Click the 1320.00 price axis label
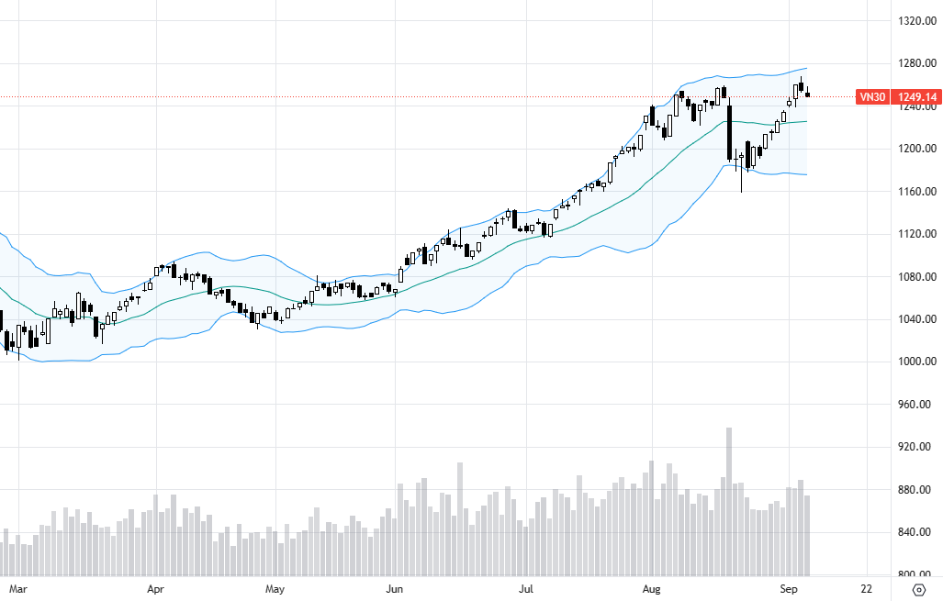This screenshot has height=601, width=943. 916,20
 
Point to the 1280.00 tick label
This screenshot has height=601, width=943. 916,63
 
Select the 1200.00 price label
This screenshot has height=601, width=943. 916,149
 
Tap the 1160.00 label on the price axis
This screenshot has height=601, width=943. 916,192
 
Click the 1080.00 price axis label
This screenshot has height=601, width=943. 916,277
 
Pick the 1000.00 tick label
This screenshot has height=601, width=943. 916,362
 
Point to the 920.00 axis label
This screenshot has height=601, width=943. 916,447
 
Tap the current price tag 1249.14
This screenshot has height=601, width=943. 917,96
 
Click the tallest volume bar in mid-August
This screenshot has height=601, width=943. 729,501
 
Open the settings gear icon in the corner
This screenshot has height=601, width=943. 919,589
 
